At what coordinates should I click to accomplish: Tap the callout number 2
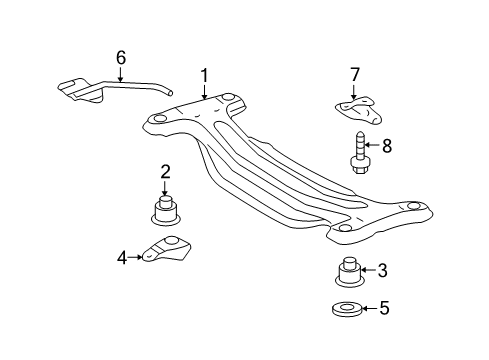pyautogui.click(x=165, y=171)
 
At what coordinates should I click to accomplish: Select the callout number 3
pyautogui.click(x=383, y=270)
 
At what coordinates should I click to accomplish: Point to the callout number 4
pyautogui.click(x=122, y=257)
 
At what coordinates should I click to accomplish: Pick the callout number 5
pyautogui.click(x=383, y=309)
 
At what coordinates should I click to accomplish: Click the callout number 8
pyautogui.click(x=387, y=146)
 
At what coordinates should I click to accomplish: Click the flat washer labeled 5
pyautogui.click(x=346, y=309)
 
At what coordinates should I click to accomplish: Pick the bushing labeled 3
pyautogui.click(x=346, y=273)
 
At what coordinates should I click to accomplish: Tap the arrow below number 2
pyautogui.click(x=165, y=187)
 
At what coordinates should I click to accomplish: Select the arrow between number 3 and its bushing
pyautogui.click(x=368, y=270)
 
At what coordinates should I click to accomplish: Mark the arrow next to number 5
pyautogui.click(x=369, y=309)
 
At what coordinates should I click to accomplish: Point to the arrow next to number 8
pyautogui.click(x=373, y=146)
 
